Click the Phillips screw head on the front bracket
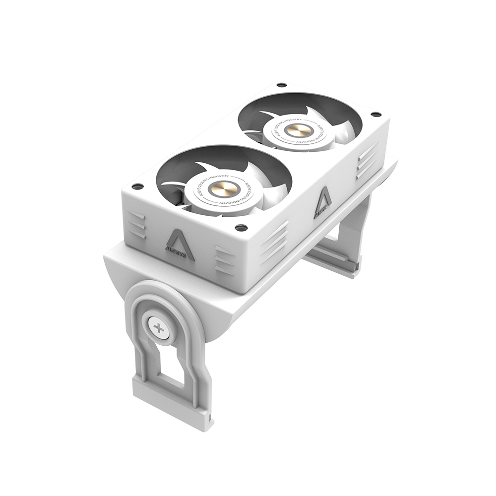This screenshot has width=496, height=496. point(159,328)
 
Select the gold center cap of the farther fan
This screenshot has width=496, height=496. point(300,130)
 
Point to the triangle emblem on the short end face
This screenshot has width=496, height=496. point(180,238)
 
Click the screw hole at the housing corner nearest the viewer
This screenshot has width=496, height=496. point(241,228)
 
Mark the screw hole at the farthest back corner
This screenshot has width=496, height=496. point(281,85)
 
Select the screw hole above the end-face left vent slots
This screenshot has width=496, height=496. point(137,186)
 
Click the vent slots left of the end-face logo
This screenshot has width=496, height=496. point(137,226)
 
